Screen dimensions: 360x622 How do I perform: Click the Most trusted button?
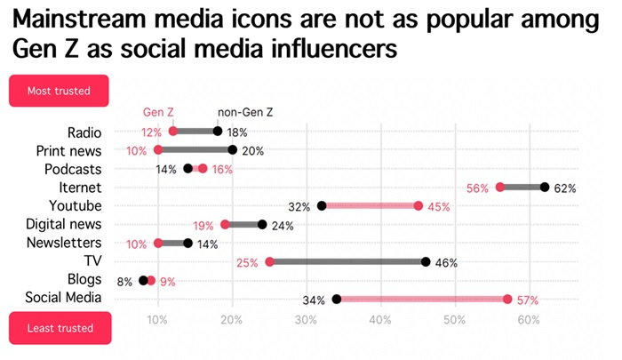pyautogui.click(x=59, y=91)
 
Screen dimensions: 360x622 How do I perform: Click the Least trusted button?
pyautogui.click(x=59, y=328)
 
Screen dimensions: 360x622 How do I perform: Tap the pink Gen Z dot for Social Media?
pyautogui.click(x=507, y=299)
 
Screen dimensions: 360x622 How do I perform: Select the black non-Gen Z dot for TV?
pyautogui.click(x=426, y=261)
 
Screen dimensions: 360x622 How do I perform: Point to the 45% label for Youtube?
pyautogui.click(x=439, y=206)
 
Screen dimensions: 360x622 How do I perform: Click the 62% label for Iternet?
pyautogui.click(x=565, y=188)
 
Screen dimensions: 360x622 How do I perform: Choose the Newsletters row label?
pyautogui.click(x=64, y=243)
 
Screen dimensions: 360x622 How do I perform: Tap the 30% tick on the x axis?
pyautogui.click(x=307, y=319)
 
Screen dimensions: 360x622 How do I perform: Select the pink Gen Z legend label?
pyautogui.click(x=158, y=113)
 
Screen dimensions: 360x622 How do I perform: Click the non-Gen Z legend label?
pyautogui.click(x=246, y=113)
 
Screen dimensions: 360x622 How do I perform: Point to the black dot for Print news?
pyautogui.click(x=233, y=150)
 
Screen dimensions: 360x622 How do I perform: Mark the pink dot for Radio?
pyautogui.click(x=173, y=132)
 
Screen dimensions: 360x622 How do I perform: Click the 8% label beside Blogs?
pyautogui.click(x=124, y=281)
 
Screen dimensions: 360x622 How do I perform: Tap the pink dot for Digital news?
pyautogui.click(x=225, y=225)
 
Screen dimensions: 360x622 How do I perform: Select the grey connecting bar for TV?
pyautogui.click(x=347, y=261)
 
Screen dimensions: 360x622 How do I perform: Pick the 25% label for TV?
pyautogui.click(x=247, y=262)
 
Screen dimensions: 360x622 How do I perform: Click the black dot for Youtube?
pyautogui.click(x=322, y=206)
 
